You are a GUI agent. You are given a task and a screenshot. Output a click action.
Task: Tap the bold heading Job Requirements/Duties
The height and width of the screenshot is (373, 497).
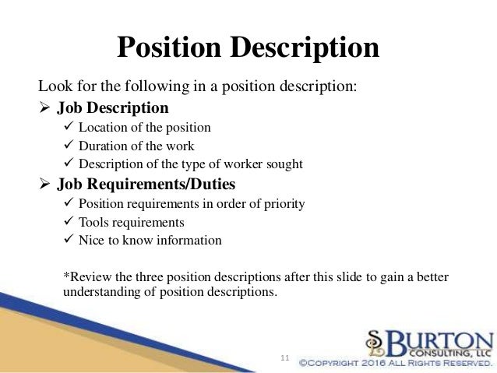click(146, 185)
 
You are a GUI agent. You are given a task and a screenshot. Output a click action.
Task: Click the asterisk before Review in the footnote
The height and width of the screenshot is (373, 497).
click(64, 278)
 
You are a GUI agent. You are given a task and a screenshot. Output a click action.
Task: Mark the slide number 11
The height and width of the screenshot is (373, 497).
click(284, 357)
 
